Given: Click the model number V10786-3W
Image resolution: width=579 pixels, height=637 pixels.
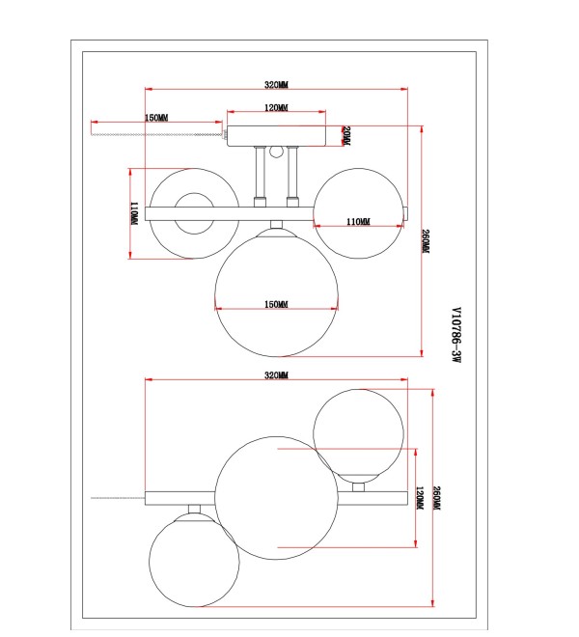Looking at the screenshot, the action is pyautogui.click(x=456, y=335).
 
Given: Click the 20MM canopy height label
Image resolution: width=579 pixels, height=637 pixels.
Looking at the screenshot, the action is pyautogui.click(x=346, y=136).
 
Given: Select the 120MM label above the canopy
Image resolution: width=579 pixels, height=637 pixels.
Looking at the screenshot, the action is pyautogui.click(x=276, y=108).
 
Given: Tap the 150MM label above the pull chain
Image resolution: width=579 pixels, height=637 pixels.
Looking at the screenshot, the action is pyautogui.click(x=156, y=118).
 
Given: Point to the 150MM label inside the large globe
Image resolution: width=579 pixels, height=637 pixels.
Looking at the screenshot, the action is pyautogui.click(x=276, y=304).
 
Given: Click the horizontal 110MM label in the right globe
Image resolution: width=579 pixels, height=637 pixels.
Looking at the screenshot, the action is pyautogui.click(x=358, y=221).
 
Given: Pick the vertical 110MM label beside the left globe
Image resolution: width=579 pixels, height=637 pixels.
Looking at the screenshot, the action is pyautogui.click(x=134, y=213).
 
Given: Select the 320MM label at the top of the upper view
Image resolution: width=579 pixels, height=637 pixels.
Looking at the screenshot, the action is pyautogui.click(x=276, y=85).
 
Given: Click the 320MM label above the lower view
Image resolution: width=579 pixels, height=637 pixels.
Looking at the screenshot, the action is pyautogui.click(x=276, y=375).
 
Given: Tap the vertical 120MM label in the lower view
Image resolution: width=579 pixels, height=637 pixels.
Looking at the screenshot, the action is pyautogui.click(x=420, y=498).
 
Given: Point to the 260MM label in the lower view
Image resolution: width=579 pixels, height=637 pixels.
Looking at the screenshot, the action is pyautogui.click(x=437, y=498).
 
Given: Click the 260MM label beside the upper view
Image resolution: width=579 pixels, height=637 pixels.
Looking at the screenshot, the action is pyautogui.click(x=426, y=241).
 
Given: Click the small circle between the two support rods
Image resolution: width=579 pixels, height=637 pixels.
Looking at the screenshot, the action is pyautogui.click(x=276, y=152).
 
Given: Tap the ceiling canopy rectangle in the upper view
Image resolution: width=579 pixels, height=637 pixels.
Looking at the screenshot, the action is pyautogui.click(x=276, y=136).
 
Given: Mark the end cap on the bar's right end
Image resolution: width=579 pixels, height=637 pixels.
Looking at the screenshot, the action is pyautogui.click(x=405, y=213).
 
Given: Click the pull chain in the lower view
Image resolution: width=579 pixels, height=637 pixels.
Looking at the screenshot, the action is pyautogui.click(x=118, y=498).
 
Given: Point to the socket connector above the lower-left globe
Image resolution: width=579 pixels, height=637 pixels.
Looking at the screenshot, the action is pyautogui.click(x=194, y=509).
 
